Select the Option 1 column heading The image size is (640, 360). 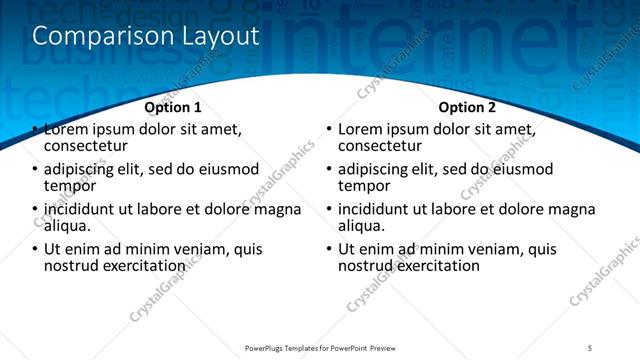pyautogui.click(x=173, y=107)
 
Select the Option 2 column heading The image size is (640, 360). pyautogui.click(x=467, y=107)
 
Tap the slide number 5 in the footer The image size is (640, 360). pyautogui.click(x=590, y=348)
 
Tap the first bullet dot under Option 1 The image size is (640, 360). pyautogui.click(x=36, y=130)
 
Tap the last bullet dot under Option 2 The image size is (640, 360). pyautogui.click(x=330, y=250)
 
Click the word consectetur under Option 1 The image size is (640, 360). pyautogui.click(x=88, y=146)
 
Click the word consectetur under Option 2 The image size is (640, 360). pyautogui.click(x=382, y=146)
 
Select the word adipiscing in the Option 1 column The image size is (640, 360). pyautogui.click(x=84, y=169)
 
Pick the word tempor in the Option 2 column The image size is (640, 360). pyautogui.click(x=364, y=186)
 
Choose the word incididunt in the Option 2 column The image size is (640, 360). pyautogui.click(x=380, y=209)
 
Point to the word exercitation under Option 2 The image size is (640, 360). pyautogui.click(x=437, y=266)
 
